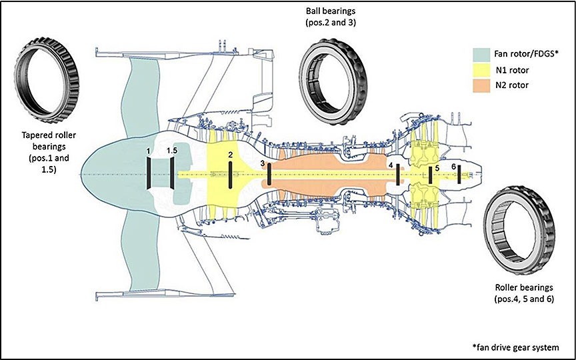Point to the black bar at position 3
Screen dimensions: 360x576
[x=269, y=173]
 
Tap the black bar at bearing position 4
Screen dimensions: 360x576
[x=397, y=174]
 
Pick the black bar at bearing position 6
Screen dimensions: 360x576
[x=459, y=174]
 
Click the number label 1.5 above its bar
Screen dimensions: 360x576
[x=172, y=151]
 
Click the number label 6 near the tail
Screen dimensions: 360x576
[x=454, y=165]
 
